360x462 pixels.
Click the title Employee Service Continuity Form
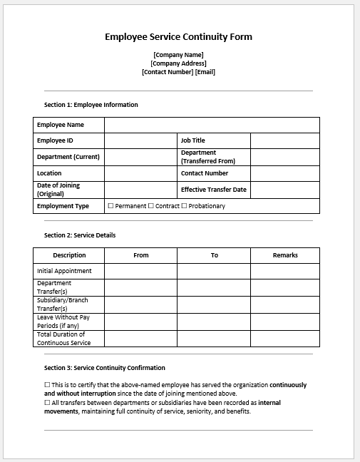178,37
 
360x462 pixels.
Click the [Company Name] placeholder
178,55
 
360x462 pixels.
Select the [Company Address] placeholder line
178,63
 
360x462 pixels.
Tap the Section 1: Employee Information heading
91,105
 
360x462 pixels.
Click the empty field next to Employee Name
212,125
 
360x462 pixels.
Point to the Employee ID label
55,140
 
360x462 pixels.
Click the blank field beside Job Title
284,140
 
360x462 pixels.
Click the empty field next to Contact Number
284,173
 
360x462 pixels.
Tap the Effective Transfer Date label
213,190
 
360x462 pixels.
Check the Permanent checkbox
110,206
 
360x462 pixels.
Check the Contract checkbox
151,206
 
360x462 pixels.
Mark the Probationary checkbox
185,206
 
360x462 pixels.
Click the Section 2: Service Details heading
80,235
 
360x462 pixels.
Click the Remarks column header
284,255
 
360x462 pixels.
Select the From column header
141,255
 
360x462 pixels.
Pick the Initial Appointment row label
64,271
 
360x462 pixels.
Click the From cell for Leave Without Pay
141,322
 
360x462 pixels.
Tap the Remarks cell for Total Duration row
284,339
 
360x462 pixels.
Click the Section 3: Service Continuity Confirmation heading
104,368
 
